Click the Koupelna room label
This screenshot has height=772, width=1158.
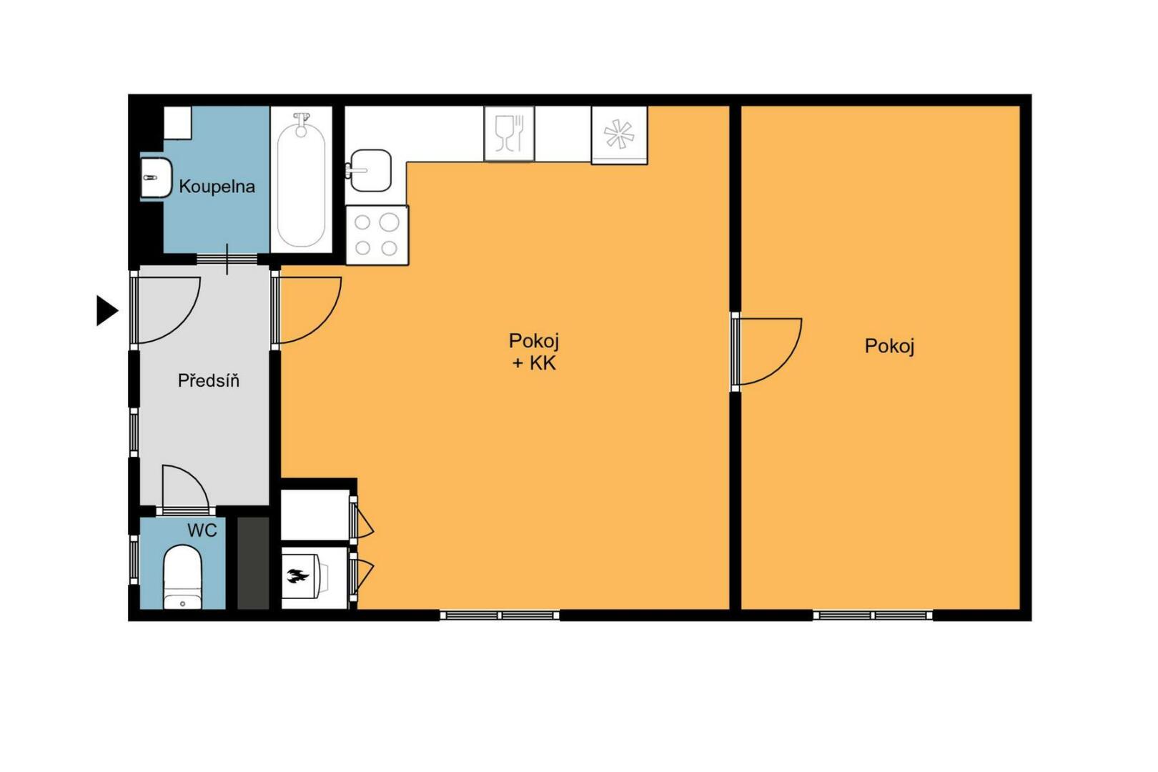[217, 186]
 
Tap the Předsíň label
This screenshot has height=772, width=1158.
[208, 380]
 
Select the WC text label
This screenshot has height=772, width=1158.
[202, 530]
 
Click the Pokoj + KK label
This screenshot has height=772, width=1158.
[533, 352]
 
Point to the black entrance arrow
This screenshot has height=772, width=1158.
[107, 310]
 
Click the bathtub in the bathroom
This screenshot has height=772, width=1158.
[301, 179]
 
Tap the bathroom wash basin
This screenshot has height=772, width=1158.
[156, 177]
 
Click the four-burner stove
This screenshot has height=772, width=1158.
[377, 235]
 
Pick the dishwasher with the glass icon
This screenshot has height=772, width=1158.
[509, 134]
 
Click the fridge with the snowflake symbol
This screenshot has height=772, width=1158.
[619, 135]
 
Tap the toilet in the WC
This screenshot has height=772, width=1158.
[182, 577]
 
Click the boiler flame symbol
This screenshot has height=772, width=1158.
[297, 575]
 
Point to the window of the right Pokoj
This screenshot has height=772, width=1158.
[873, 615]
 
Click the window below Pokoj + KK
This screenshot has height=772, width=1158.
[500, 615]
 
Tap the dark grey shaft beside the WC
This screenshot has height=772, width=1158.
[253, 563]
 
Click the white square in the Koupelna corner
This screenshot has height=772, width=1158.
[178, 122]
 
